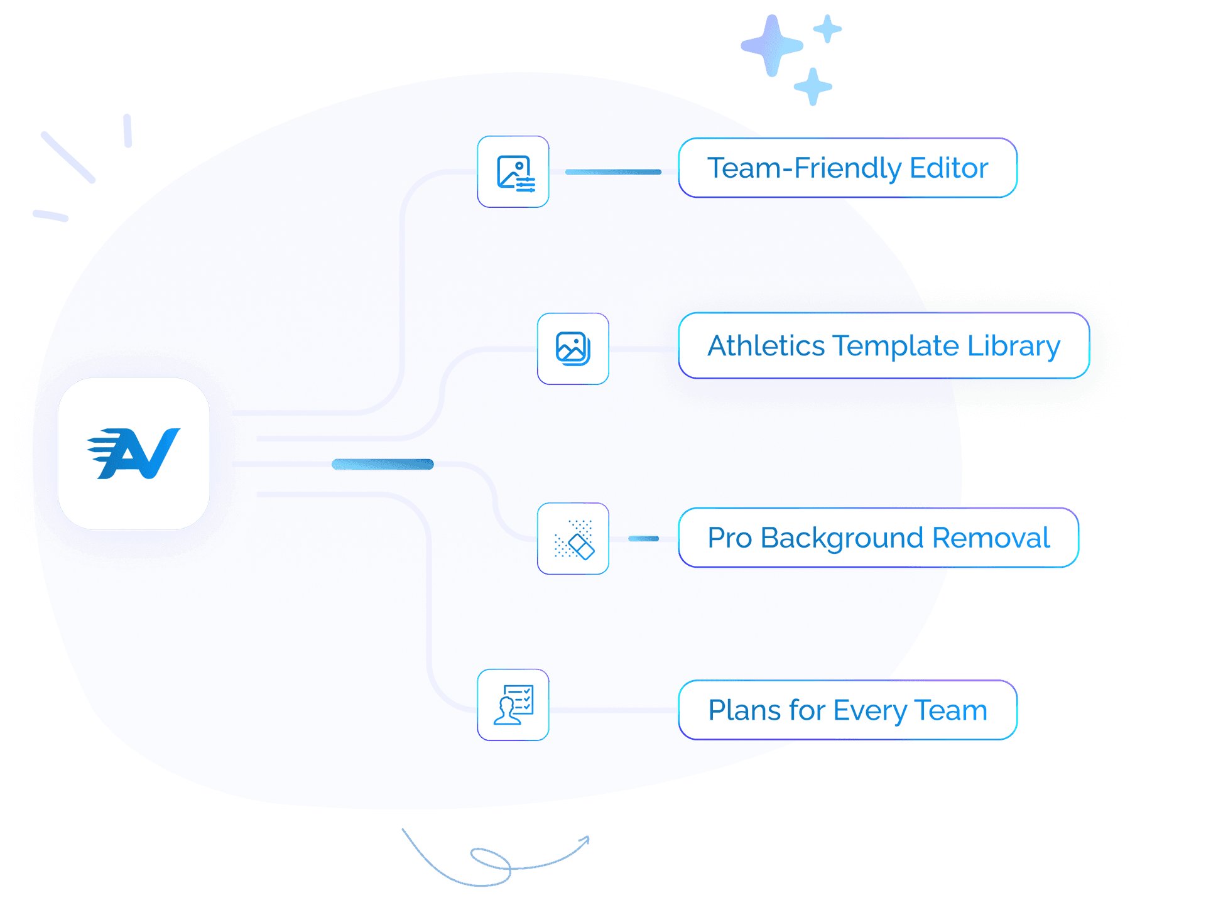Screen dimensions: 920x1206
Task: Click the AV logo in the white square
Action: tap(134, 453)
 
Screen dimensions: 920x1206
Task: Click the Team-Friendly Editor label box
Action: tap(847, 168)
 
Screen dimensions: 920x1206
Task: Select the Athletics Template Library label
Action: tap(883, 346)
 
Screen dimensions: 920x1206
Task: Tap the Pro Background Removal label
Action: tap(878, 538)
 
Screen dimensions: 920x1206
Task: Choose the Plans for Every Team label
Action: tap(847, 710)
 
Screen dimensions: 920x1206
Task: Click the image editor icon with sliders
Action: tap(514, 172)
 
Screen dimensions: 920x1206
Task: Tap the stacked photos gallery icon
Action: tap(573, 349)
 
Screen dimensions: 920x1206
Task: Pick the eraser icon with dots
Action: tap(573, 539)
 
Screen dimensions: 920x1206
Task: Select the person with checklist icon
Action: tap(513, 705)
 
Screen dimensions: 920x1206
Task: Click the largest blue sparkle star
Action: tap(772, 46)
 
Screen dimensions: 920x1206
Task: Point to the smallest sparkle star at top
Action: tap(827, 28)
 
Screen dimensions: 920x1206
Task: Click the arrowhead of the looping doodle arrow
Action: tap(585, 840)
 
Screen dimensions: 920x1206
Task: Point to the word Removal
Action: tap(991, 538)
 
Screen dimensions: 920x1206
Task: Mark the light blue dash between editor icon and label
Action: tap(613, 171)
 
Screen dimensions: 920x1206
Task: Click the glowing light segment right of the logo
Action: tap(383, 465)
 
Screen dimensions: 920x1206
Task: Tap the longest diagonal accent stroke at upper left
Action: tap(68, 157)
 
